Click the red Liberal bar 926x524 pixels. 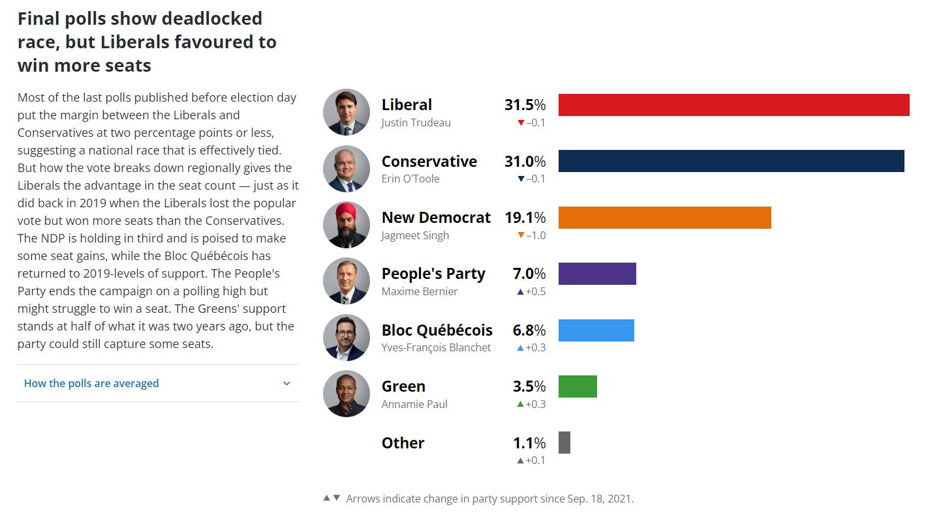tap(733, 105)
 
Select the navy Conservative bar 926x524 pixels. tap(731, 161)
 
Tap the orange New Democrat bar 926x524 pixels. tap(664, 218)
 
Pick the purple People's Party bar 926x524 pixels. tap(597, 274)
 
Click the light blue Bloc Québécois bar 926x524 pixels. tap(596, 330)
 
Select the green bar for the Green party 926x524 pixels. tap(578, 386)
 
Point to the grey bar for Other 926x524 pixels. tap(564, 443)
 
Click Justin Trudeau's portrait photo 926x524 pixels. tap(347, 112)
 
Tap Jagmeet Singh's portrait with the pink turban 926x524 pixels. tap(347, 225)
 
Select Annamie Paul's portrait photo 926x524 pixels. tap(347, 394)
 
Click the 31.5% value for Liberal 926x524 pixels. tap(525, 105)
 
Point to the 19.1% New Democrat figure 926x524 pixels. tap(525, 218)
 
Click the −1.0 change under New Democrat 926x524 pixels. tap(532, 235)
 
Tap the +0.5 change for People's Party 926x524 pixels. tap(532, 291)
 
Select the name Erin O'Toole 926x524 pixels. tap(410, 179)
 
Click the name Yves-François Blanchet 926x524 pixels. tap(436, 347)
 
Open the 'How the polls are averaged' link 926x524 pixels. tap(91, 383)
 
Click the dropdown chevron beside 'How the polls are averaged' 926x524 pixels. tap(286, 383)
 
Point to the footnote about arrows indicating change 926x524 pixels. tap(489, 499)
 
